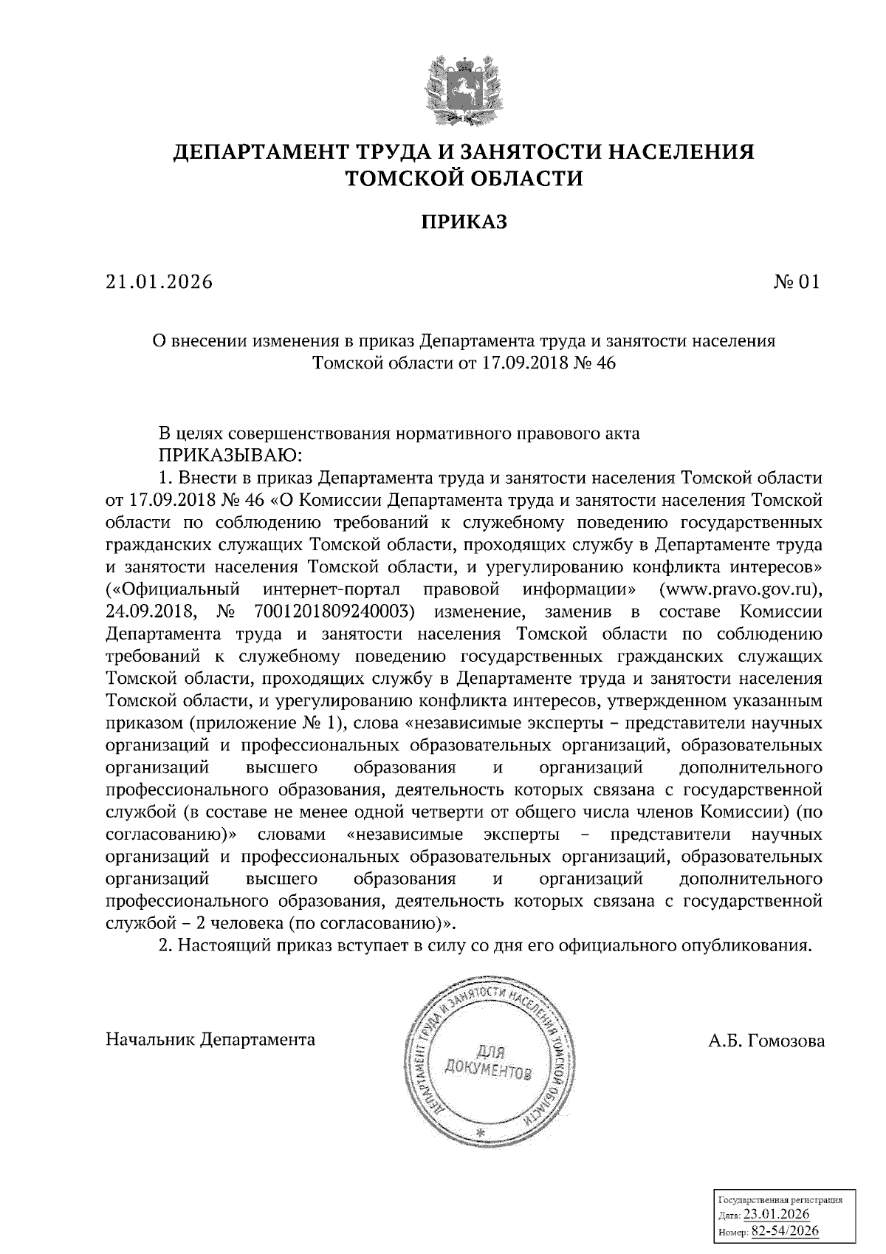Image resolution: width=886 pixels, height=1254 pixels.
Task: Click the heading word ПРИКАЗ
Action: (x=464, y=222)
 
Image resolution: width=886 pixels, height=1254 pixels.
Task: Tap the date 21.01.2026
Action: (x=158, y=282)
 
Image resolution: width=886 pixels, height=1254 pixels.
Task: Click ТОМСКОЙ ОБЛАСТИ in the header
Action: (x=464, y=179)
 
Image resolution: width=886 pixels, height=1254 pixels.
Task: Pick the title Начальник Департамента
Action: (x=210, y=1040)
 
